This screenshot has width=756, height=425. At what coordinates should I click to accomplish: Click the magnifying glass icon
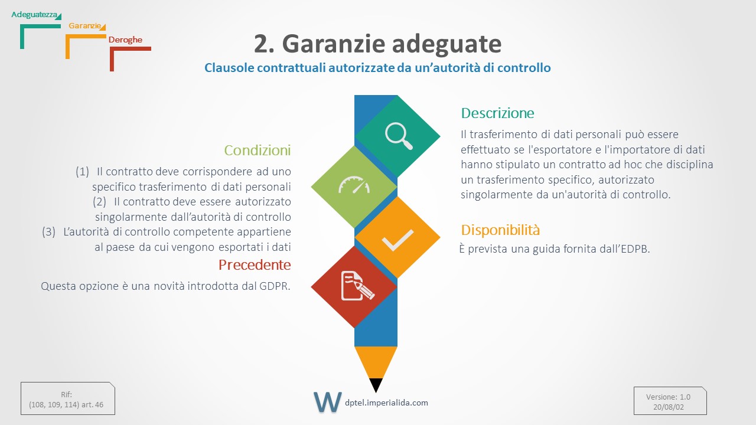click(x=399, y=136)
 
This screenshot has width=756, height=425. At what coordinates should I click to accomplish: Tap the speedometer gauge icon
click(x=354, y=185)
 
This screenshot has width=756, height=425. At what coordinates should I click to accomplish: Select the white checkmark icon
click(x=397, y=240)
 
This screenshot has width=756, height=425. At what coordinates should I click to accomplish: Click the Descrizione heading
click(x=497, y=113)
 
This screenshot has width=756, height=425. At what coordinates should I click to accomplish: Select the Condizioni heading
click(x=257, y=151)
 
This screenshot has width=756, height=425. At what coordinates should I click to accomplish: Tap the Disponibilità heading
click(x=500, y=230)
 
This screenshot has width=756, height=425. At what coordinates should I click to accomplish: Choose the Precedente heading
click(x=255, y=265)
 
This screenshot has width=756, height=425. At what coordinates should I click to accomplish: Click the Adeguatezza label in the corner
click(x=34, y=15)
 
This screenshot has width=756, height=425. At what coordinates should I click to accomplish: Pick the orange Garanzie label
click(x=84, y=25)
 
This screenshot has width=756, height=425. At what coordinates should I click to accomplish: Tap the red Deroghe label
click(x=125, y=40)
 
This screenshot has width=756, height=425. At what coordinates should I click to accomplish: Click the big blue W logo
click(x=327, y=402)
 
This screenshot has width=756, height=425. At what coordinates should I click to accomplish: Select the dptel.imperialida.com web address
click(x=386, y=403)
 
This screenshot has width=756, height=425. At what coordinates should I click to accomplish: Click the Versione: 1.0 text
click(x=668, y=397)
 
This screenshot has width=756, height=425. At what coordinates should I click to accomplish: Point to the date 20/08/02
click(x=668, y=407)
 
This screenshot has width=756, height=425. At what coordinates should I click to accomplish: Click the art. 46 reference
click(x=92, y=405)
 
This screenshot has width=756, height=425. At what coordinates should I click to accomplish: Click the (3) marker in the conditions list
click(x=48, y=232)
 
